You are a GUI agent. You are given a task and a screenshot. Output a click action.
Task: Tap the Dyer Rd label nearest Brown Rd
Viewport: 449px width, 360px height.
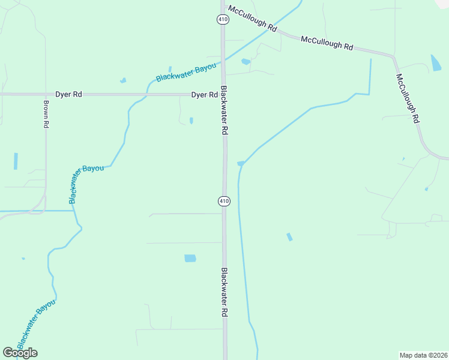68,94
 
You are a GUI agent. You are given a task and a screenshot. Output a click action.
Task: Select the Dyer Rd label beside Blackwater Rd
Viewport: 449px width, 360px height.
204,95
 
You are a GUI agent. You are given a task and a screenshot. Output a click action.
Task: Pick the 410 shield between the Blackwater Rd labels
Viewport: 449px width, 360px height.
224,201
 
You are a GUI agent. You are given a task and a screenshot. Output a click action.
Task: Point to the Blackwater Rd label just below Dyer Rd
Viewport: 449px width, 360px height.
224,110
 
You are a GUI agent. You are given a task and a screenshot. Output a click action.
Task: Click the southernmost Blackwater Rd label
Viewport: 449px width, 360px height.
224,292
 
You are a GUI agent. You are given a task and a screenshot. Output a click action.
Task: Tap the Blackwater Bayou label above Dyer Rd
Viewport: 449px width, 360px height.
185,73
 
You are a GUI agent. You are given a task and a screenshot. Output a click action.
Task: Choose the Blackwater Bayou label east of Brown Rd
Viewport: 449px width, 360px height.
86,183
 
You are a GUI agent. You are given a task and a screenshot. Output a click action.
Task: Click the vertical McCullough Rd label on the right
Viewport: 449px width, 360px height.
407,99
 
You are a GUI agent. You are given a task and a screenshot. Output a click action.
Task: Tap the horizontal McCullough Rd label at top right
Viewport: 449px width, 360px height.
327,43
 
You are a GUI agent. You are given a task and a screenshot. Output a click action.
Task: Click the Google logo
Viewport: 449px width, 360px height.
20,353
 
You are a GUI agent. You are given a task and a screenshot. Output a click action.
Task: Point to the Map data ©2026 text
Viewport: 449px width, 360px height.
423,355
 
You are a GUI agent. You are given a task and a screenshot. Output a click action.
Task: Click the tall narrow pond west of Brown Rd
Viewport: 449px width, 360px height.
16,161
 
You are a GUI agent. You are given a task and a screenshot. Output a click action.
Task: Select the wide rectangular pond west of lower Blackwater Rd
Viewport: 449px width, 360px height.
190,259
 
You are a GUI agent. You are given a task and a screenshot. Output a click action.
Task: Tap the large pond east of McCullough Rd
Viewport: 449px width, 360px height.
436,63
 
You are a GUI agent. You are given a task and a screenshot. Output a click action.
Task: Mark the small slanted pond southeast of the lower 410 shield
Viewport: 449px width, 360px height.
289,237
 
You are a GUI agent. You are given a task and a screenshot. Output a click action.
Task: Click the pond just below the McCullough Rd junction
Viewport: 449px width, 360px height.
246,61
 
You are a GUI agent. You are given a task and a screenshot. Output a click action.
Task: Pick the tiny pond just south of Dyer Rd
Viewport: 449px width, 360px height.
191,120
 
